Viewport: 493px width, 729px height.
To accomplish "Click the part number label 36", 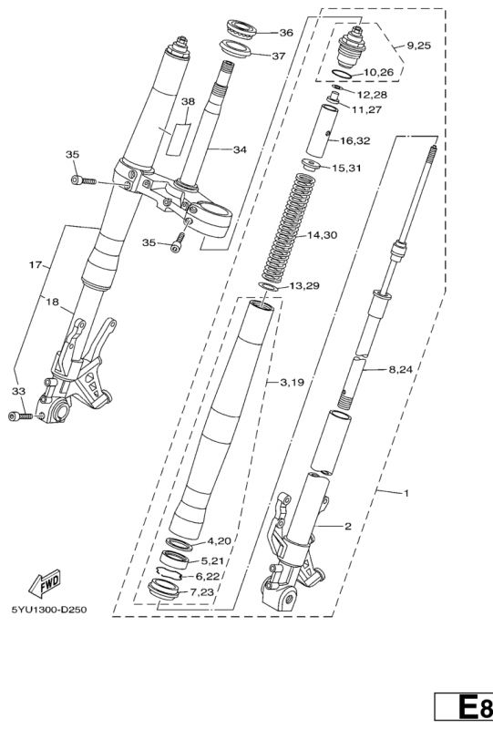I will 286,32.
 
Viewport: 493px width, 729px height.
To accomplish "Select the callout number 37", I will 279,56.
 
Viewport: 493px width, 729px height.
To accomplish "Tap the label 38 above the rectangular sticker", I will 188,102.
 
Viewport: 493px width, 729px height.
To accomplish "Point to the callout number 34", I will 240,149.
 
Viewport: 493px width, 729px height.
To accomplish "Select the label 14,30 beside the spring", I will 322,235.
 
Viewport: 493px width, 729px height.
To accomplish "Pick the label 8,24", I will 402,369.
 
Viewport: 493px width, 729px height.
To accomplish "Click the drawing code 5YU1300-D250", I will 50,610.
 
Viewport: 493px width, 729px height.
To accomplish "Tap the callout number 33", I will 17,391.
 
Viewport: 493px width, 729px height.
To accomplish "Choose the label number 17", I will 36,265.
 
